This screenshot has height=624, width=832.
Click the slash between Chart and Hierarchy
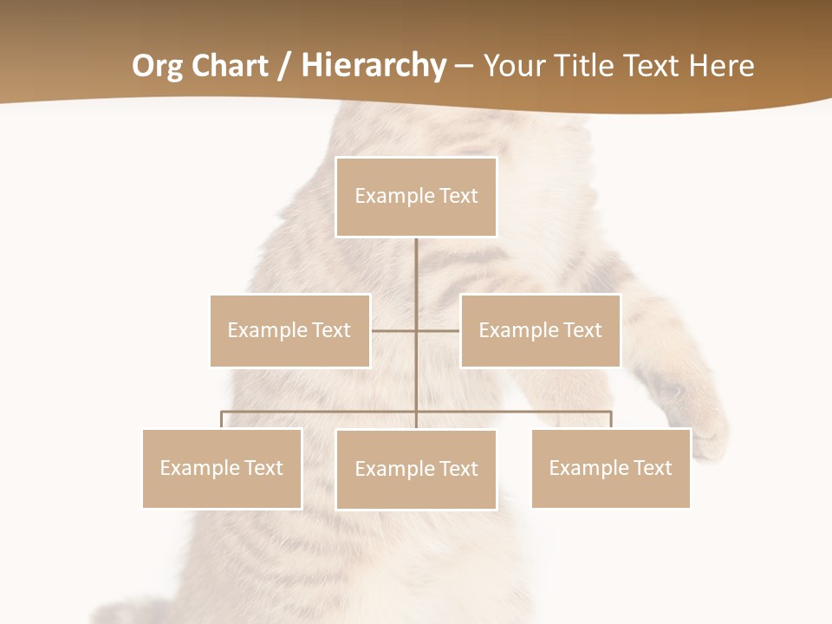284,67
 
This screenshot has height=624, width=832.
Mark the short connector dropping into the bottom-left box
222,419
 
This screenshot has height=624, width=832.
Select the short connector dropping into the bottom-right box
611,419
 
